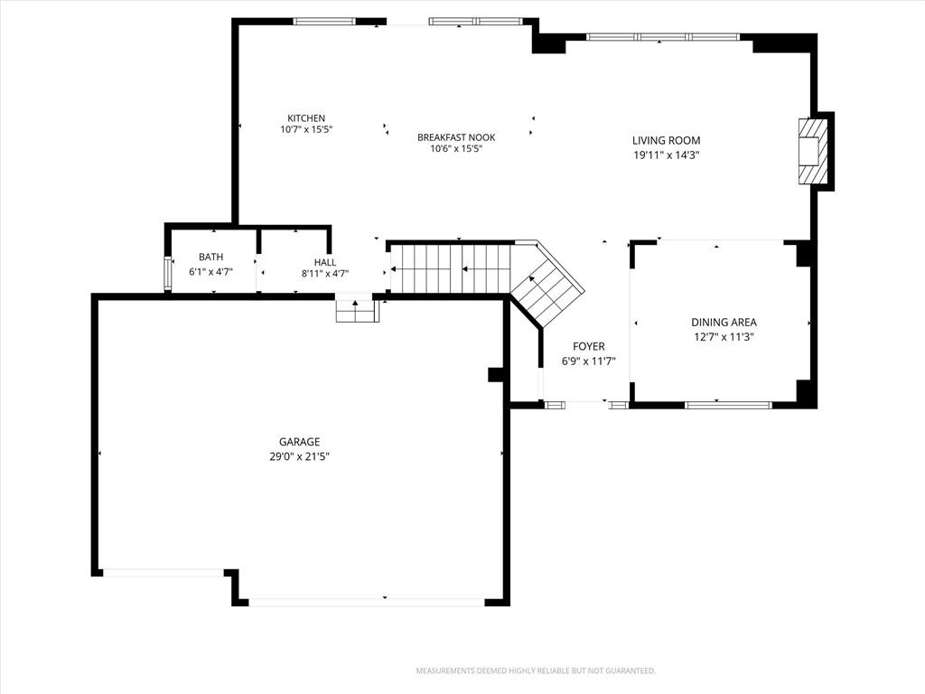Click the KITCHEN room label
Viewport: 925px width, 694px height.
coord(306,118)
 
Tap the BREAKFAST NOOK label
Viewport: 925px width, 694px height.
coord(456,137)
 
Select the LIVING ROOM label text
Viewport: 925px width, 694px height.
coord(667,140)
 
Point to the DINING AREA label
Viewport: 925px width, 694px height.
coord(724,323)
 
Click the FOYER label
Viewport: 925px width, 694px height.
coord(589,346)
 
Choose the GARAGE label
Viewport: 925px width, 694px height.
coord(300,441)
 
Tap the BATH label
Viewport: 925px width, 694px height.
coord(211,257)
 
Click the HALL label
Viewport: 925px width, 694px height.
coord(325,262)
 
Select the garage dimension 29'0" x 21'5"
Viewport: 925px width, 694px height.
coord(300,456)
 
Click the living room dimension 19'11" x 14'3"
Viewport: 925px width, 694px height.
coord(667,155)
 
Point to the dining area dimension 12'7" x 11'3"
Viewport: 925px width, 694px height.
coord(724,337)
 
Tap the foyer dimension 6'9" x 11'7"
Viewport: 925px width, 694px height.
coord(589,361)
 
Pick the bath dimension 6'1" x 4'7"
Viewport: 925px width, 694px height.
coord(211,272)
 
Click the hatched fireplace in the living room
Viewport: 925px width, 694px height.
coord(813,151)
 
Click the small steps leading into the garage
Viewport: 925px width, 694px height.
coord(356,311)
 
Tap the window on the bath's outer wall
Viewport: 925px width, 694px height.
coord(168,275)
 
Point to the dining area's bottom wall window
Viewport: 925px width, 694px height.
coord(728,405)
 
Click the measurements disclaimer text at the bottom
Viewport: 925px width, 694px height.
coord(536,671)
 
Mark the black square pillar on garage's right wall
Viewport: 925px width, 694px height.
coord(495,375)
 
